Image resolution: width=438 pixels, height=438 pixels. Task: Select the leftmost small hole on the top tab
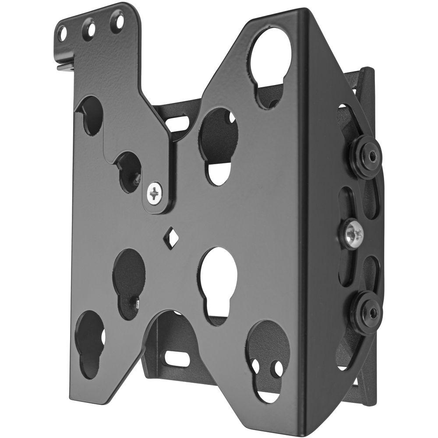click(x=63, y=33)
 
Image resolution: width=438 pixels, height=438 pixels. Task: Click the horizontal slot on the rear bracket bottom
click(x=177, y=358)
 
